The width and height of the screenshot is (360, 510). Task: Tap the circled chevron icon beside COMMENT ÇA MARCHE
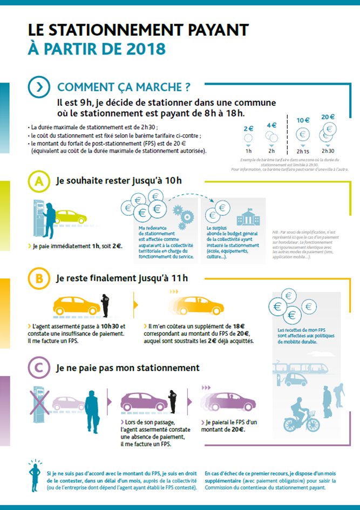[39, 87]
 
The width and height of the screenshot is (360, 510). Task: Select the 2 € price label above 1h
[248, 129]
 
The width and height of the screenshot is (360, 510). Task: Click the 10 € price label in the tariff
[303, 120]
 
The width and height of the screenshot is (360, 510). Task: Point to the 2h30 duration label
[328, 151]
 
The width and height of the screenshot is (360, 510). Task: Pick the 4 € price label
[272, 125]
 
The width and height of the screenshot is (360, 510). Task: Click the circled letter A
[39, 182]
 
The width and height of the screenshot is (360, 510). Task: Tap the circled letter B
[39, 278]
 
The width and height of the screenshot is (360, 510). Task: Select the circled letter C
[39, 368]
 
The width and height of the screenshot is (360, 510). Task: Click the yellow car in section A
[70, 217]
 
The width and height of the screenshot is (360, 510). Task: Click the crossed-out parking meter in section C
[38, 403]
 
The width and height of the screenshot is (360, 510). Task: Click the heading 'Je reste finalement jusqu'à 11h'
[122, 278]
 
